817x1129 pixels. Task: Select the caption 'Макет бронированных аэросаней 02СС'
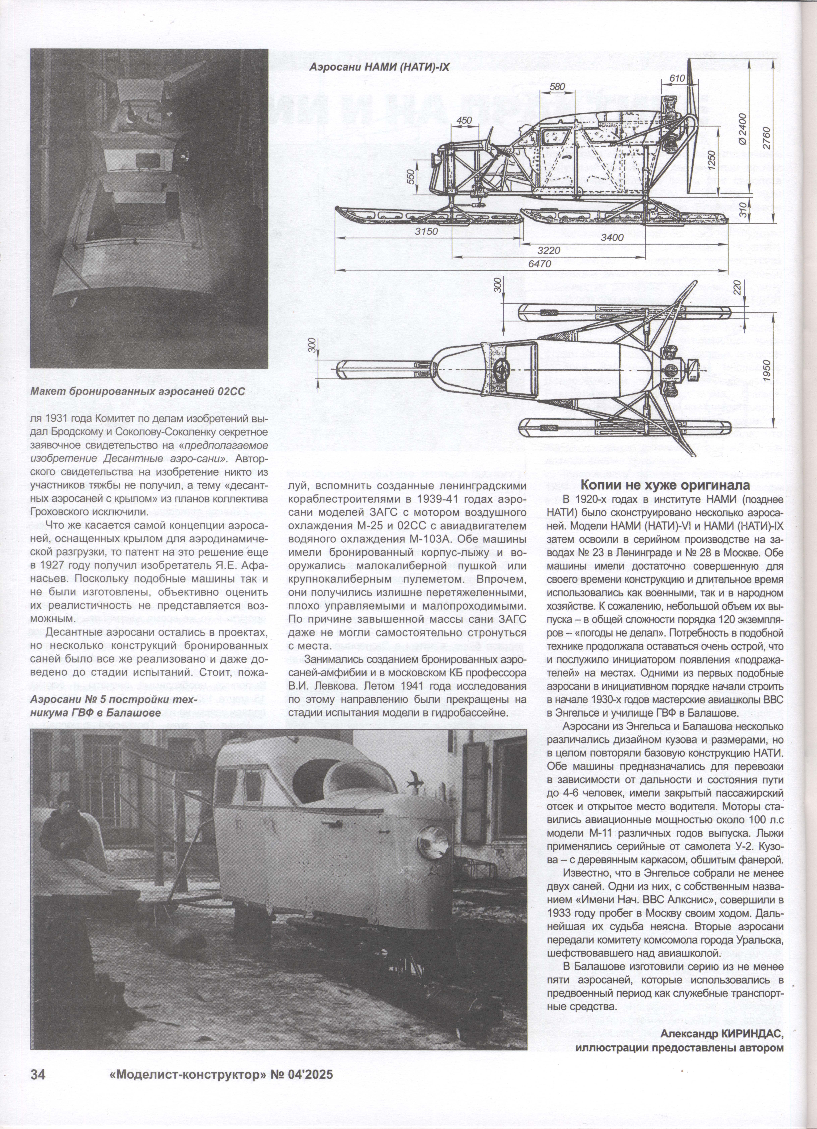tap(137, 391)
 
